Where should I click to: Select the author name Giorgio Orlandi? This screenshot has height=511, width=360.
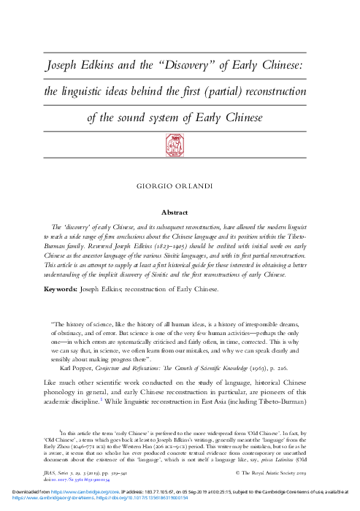(x=180, y=186)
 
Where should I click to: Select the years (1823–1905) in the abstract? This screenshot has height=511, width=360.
(x=183, y=247)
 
